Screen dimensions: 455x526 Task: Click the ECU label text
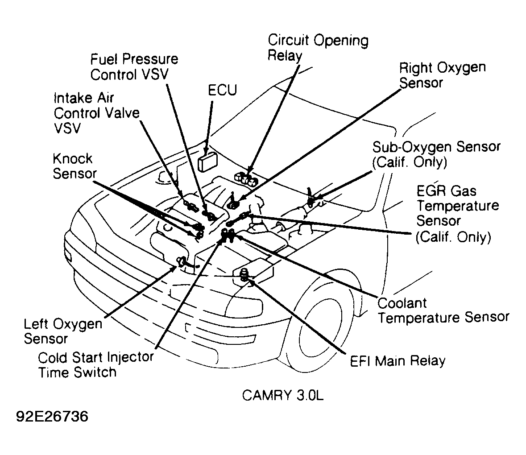(222, 90)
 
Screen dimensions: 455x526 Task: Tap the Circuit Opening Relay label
(318, 48)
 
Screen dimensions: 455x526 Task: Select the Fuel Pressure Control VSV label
(134, 66)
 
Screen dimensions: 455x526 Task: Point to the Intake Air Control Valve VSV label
(96, 112)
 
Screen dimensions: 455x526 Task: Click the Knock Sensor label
(73, 165)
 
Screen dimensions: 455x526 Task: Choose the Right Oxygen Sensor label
(442, 75)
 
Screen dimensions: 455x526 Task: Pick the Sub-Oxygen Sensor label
(436, 154)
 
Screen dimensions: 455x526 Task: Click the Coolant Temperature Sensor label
(443, 310)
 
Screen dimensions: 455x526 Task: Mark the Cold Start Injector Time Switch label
(95, 364)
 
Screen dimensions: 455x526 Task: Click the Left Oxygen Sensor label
(62, 331)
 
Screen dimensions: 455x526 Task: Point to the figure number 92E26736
(52, 417)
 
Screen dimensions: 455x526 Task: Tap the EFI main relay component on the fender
(245, 275)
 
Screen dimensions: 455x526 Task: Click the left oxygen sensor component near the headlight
(182, 262)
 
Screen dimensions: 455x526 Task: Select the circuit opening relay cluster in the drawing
(247, 178)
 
